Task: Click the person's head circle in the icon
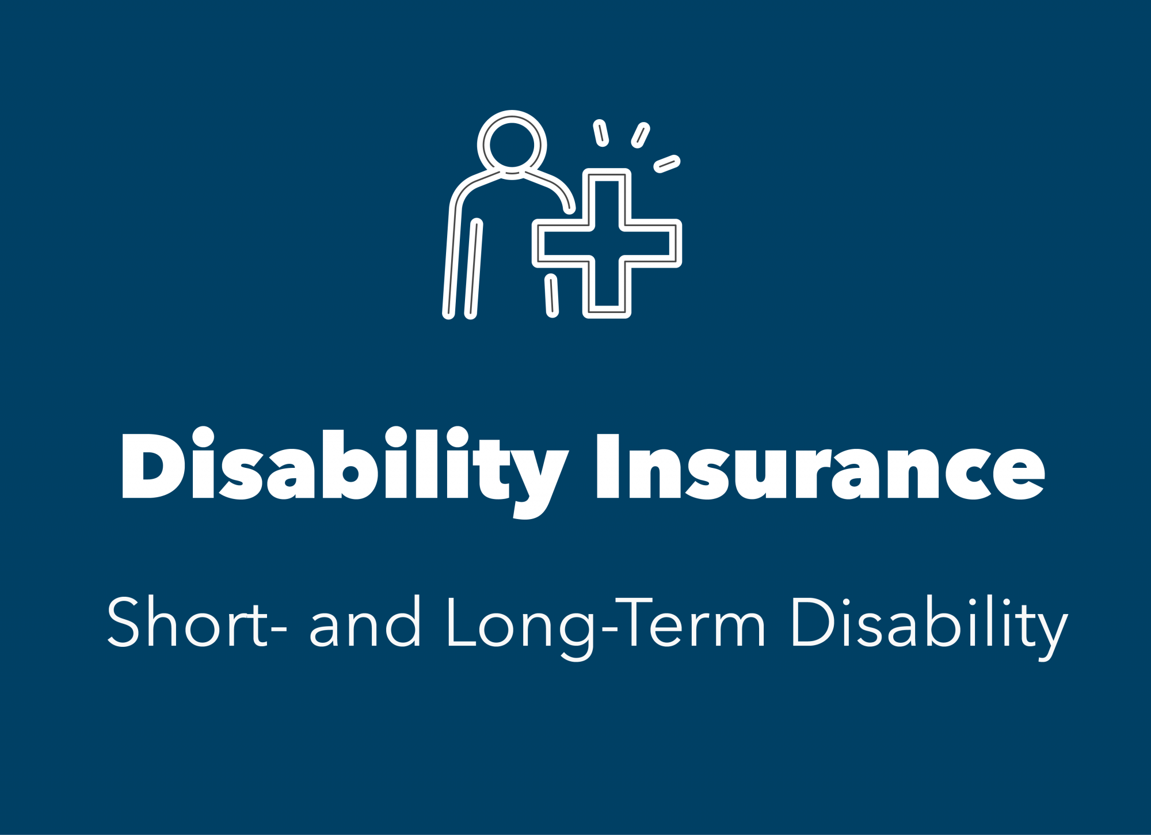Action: click(512, 144)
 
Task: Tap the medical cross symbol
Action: click(607, 243)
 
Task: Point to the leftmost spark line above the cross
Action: click(601, 133)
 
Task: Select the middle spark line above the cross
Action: click(641, 135)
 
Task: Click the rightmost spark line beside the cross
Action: click(667, 163)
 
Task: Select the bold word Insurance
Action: click(820, 466)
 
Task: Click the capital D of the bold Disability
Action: click(151, 465)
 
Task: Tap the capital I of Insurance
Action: click(608, 466)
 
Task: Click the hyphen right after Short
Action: click(279, 629)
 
